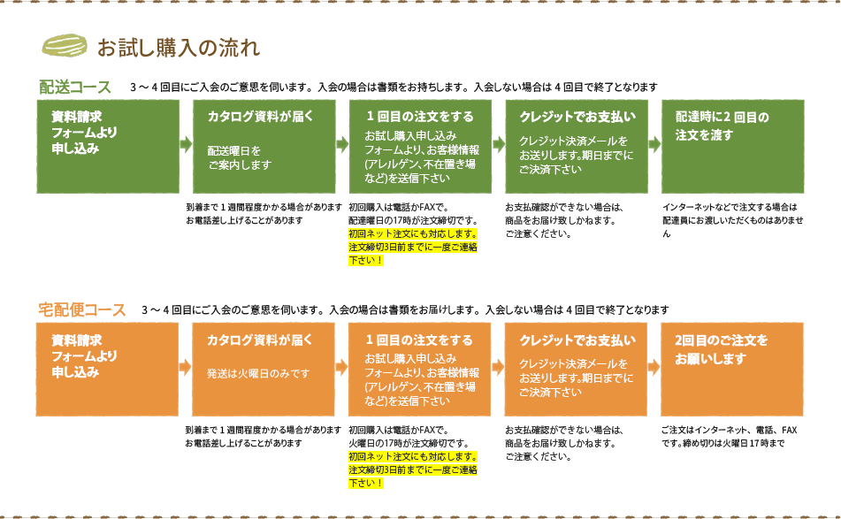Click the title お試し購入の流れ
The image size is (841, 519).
pos(178,46)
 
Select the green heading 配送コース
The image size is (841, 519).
pos(75,87)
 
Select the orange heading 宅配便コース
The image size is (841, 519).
pos(81,310)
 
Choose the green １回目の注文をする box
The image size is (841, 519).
pos(420,146)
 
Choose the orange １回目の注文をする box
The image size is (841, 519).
pos(420,369)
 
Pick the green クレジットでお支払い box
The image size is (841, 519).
pos(577,146)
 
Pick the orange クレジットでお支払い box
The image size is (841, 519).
pos(577,369)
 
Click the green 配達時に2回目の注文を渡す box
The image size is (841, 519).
pos(733,146)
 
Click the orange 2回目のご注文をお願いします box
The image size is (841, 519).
pos(733,369)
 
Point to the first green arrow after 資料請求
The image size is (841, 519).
pos(186,145)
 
